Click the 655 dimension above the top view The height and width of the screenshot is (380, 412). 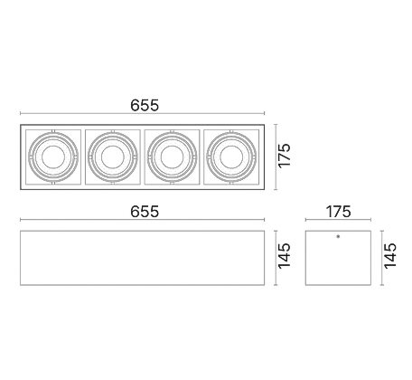click(145, 105)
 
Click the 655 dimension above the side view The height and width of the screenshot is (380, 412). click(145, 212)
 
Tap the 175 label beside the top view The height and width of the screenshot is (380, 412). click(285, 156)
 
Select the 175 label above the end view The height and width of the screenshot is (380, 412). click(339, 212)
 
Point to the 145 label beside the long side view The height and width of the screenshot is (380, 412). click(285, 256)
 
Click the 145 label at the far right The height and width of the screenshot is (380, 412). click(390, 256)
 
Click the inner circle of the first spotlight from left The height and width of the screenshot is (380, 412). click(53, 157)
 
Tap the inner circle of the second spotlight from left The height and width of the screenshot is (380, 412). click(113, 157)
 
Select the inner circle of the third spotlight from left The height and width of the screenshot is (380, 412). click(172, 157)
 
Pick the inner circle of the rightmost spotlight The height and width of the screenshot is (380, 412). click(231, 157)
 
